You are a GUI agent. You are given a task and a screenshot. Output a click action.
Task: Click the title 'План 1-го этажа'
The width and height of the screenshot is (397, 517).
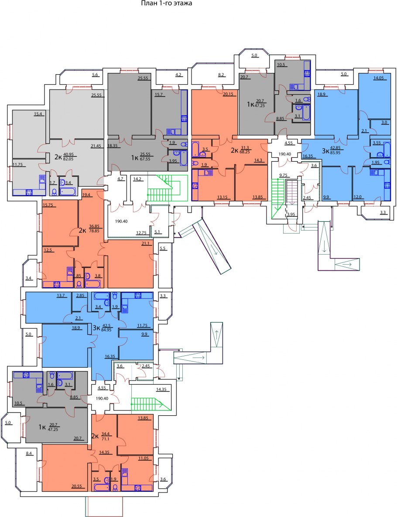(x=166, y=3)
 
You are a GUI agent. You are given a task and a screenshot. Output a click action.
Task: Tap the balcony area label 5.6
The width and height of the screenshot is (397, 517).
(x=95, y=75)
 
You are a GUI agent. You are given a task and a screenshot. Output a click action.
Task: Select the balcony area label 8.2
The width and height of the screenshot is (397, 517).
(x=221, y=75)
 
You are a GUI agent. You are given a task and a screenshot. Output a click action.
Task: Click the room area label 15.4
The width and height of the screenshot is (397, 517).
(x=38, y=114)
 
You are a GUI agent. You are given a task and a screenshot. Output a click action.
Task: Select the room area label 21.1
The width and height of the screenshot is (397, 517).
(x=145, y=244)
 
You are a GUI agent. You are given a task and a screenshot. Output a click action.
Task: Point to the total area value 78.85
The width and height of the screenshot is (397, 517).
(x=94, y=231)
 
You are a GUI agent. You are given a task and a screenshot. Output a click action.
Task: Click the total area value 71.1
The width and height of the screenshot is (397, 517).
(x=106, y=439)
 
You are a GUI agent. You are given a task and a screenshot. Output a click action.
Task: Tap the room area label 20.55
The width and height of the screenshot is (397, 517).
(x=77, y=486)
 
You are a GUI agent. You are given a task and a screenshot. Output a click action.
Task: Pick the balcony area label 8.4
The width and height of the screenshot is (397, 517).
(x=29, y=454)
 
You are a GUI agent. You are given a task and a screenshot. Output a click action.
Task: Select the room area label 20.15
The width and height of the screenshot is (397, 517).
(x=228, y=94)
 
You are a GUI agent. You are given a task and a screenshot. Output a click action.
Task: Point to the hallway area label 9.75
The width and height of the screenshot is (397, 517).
(x=283, y=176)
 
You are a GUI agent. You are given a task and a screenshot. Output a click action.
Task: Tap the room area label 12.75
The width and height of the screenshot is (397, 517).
(x=141, y=233)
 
